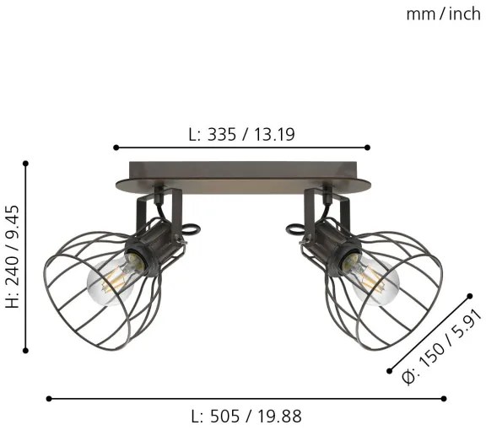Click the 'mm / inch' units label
[x=442, y=13]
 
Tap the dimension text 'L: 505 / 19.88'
[x=246, y=416]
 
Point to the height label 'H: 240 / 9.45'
[x=13, y=256]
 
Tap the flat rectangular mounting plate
[x=243, y=175]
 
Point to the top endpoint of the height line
[x=27, y=163]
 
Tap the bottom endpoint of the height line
[x=27, y=347]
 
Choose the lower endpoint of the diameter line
[x=389, y=372]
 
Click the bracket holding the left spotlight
[x=161, y=207]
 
